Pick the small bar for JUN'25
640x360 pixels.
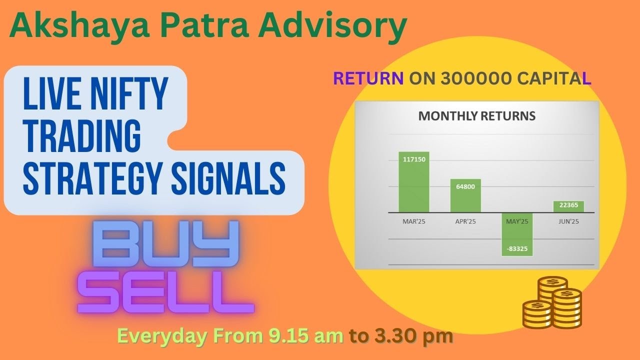[568, 206]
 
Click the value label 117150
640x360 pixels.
[413, 159]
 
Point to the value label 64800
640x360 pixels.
[465, 186]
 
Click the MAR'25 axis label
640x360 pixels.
[413, 221]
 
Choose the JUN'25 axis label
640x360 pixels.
[568, 221]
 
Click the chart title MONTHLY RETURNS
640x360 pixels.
[476, 116]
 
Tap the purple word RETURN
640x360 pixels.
[368, 78]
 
